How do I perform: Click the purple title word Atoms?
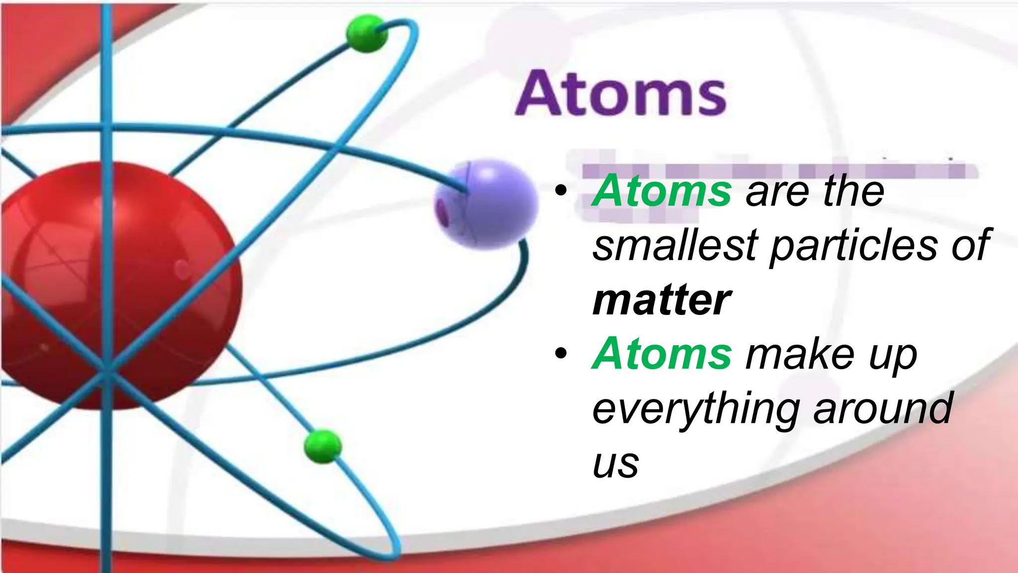click(x=620, y=94)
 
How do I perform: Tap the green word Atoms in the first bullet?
click(x=662, y=191)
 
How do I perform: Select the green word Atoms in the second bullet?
click(x=662, y=354)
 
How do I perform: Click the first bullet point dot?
click(x=561, y=191)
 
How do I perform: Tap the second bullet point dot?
click(x=561, y=354)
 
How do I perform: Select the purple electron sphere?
click(x=486, y=204)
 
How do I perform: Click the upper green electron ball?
click(x=366, y=34)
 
